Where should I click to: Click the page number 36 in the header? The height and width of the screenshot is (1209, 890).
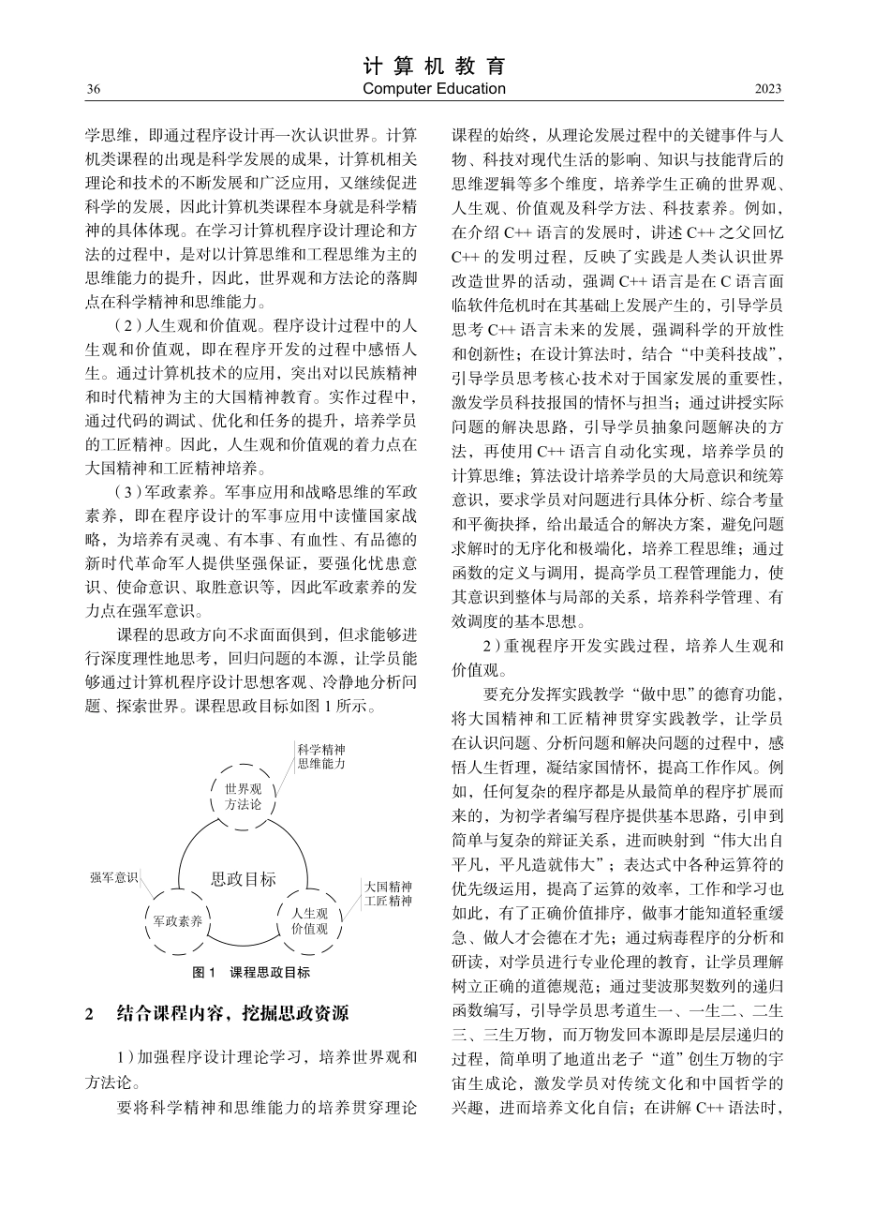pos(93,89)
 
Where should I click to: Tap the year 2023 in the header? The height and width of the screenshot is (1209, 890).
pos(768,89)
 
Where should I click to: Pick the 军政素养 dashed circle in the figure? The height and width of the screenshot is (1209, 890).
pos(178,920)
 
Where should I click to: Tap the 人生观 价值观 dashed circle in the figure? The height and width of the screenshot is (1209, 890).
pos(309,921)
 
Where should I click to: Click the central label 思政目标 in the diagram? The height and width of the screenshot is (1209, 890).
pos(244,879)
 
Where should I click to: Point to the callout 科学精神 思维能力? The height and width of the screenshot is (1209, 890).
pos(321,756)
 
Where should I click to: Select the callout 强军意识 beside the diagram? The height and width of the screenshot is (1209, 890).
pos(113,878)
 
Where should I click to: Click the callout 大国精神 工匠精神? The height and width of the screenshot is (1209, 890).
pos(388,893)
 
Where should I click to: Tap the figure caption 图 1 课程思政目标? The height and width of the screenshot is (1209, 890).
pos(250,973)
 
